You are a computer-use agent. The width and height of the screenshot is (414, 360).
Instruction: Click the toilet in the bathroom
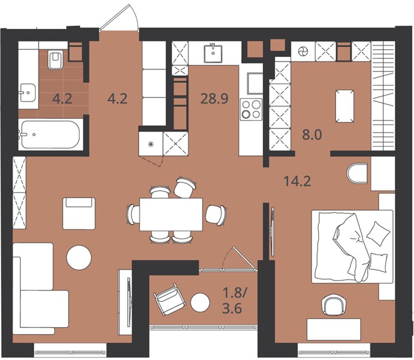(x=55, y=60)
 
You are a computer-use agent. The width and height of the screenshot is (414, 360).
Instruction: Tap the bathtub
(x=50, y=134)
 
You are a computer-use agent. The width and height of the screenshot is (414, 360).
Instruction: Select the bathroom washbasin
(x=28, y=92)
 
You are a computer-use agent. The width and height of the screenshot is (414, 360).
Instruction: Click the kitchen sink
(x=213, y=53)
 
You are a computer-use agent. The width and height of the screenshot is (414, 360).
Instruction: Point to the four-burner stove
(x=251, y=109)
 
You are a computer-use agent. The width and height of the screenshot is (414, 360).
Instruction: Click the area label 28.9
(x=214, y=99)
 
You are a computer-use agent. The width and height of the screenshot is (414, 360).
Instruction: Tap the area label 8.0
(x=312, y=135)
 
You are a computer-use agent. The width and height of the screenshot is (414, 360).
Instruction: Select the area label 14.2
(x=297, y=181)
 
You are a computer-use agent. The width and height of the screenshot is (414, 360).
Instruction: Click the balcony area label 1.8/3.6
(x=233, y=301)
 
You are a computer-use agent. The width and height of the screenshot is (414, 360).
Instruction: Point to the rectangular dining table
(x=171, y=214)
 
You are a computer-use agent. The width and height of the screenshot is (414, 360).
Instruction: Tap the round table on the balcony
(x=200, y=302)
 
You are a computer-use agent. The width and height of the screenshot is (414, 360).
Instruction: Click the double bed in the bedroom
(x=352, y=247)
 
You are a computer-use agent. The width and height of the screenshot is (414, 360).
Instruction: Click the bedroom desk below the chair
(x=334, y=329)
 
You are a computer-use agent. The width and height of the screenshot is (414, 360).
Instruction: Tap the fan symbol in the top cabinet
(x=302, y=51)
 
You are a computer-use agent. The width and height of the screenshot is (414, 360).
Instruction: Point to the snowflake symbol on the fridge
(x=151, y=144)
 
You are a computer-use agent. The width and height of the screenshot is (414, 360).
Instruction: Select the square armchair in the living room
(x=79, y=214)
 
